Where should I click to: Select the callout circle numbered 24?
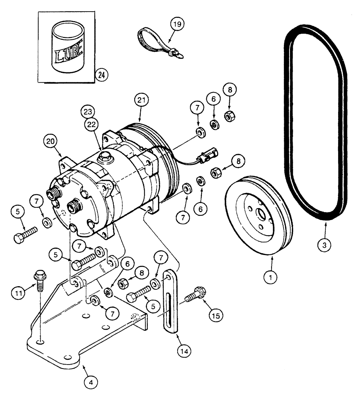(102, 74)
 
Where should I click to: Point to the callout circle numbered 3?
(325, 246)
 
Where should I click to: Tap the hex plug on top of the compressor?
(105, 156)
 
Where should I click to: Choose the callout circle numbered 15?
(215, 314)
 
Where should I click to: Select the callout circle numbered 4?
(91, 383)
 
